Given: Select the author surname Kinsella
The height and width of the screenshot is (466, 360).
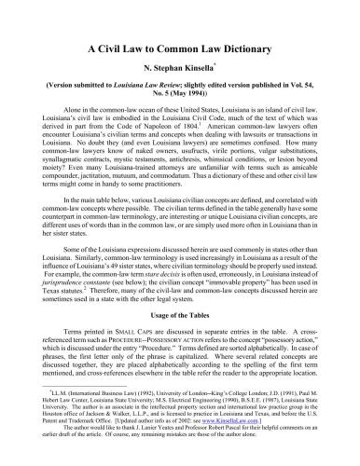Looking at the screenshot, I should point(207,68).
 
